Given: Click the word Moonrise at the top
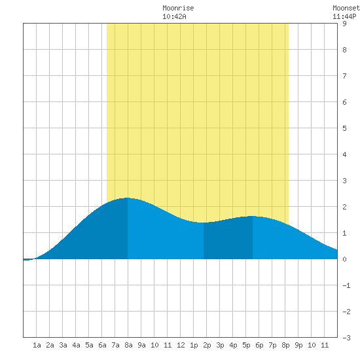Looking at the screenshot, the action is point(178,8).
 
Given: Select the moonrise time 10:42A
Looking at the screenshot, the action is point(174,16).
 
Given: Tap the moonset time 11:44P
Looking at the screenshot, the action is point(344,16).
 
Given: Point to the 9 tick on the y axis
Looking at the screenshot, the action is point(344,24).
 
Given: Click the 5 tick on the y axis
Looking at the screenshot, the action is point(344,128).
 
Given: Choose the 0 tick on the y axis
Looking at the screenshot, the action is point(344,259).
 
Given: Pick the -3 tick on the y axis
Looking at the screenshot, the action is point(346,338).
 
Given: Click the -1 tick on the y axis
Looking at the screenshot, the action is point(346,285).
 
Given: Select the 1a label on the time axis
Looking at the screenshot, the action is point(37,345).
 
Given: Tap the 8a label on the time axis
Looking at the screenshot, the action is point(128,345).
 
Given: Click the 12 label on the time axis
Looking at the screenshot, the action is point(181,345).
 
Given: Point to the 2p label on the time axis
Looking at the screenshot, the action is point(207,345).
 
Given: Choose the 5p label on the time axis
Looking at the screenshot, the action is point(246,345).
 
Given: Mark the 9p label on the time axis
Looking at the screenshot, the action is point(298,345).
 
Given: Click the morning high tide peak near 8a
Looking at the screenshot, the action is point(128,198).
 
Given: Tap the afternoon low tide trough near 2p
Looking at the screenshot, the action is point(204,223).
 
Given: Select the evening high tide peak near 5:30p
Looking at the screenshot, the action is point(253,216).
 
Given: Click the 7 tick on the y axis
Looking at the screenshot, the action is point(344,76).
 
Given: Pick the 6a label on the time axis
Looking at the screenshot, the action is point(102,345).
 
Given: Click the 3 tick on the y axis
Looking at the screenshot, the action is point(344,181).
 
